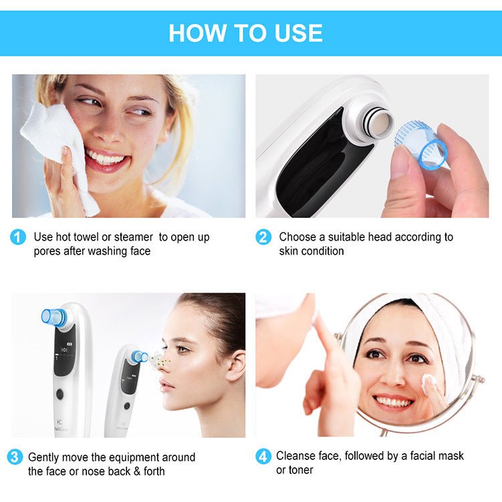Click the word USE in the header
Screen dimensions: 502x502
pos(293,33)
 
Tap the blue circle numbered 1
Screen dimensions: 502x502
pos(18,237)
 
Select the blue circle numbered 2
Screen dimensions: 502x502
pos(263,237)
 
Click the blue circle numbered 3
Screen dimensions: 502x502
pos(15,457)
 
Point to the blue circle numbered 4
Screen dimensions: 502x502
pos(263,457)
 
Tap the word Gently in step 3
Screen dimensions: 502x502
pos(43,457)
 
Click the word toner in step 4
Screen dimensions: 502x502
pos(300,470)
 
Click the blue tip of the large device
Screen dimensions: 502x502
pos(53,318)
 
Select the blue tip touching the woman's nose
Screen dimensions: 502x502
pos(140,357)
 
